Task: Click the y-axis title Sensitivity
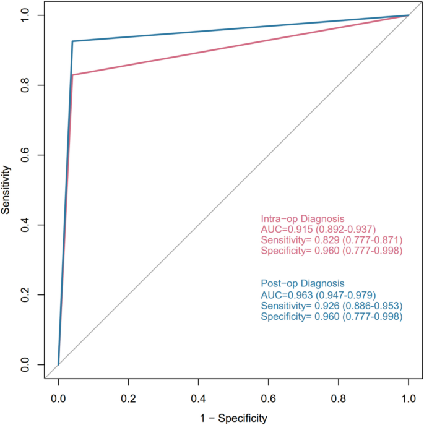click(x=7, y=189)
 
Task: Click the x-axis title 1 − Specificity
click(x=233, y=418)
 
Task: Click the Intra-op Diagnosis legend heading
click(x=302, y=219)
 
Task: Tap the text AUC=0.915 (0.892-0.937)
click(x=318, y=230)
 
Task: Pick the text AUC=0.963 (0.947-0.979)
click(x=318, y=295)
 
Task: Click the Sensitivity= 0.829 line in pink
click(x=332, y=240)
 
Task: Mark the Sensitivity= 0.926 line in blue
click(x=332, y=306)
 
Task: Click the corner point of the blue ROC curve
click(x=72, y=41)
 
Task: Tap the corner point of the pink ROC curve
click(x=72, y=75)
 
